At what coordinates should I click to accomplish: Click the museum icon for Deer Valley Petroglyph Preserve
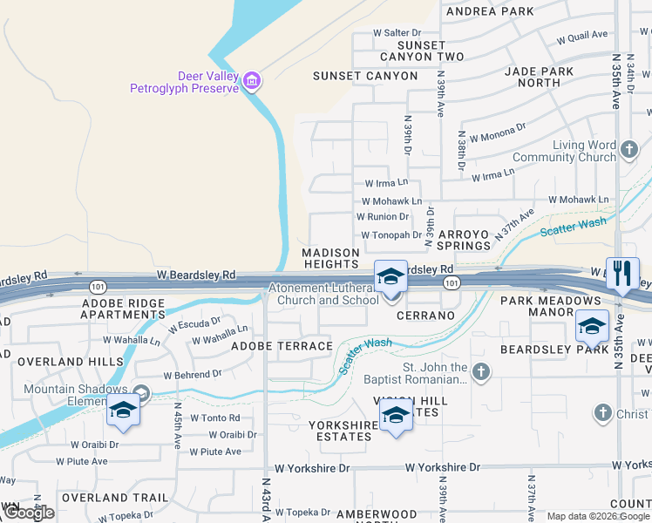pos(252,81)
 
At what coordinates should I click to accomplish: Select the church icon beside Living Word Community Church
pos(630,151)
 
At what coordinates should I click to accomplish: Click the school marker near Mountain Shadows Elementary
pos(123,410)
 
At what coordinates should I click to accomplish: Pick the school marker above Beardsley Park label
pos(592,329)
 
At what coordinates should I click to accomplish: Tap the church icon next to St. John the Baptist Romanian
pos(481,373)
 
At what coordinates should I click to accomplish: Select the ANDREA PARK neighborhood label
pos(489,11)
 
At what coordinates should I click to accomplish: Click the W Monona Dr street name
pos(498,132)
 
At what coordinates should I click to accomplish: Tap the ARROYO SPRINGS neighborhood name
pos(465,240)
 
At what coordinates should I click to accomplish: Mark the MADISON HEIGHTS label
pos(330,258)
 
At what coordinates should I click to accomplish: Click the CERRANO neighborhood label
pos(426,316)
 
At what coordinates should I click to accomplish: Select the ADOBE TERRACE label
pos(282,346)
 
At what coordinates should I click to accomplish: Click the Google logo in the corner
pos(29,513)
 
